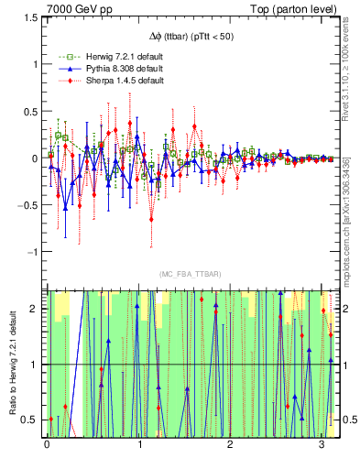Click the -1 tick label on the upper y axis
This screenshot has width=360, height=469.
(29, 252)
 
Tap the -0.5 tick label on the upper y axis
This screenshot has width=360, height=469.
(26, 205)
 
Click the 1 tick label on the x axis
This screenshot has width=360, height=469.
(139, 445)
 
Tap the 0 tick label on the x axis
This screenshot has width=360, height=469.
(47, 445)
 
